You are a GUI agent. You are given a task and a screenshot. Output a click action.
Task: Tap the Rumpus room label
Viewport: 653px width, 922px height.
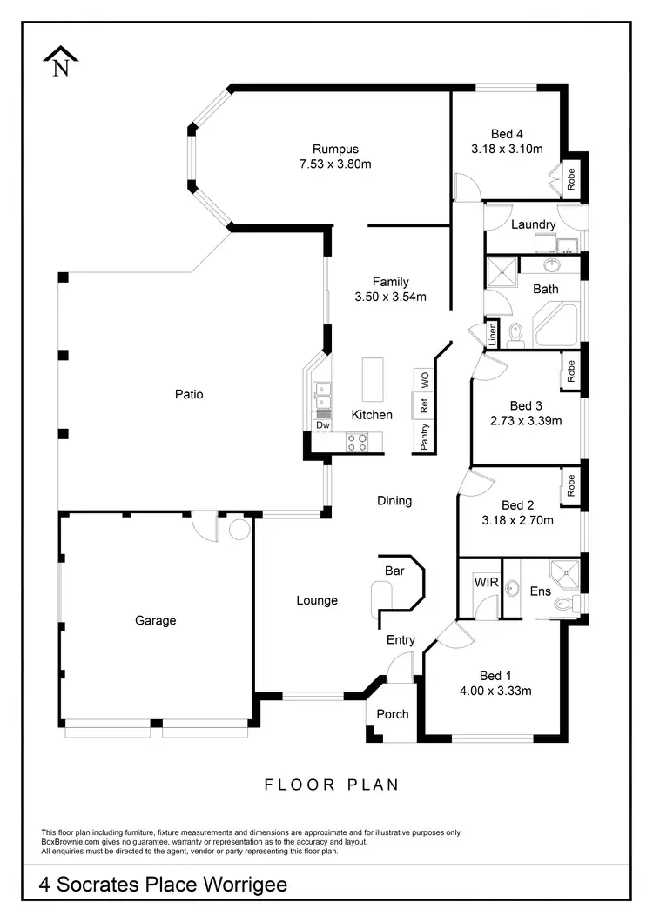tap(335, 149)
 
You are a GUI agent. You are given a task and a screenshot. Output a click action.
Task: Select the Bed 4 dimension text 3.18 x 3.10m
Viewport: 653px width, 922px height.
tap(507, 149)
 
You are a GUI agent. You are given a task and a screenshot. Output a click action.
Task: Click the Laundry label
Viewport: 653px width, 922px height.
tap(533, 224)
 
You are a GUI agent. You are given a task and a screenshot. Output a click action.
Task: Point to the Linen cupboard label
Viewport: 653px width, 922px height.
tap(493, 334)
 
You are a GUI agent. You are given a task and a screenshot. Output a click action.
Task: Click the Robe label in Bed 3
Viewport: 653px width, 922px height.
tap(571, 372)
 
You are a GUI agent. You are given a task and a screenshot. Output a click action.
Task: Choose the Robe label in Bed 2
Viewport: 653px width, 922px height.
tap(571, 485)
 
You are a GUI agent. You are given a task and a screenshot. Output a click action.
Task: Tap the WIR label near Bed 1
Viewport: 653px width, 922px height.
tap(485, 582)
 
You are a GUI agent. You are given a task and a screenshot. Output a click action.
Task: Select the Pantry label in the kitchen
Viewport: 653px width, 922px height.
tap(425, 436)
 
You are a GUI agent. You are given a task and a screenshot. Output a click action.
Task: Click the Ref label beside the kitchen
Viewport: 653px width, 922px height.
tap(425, 405)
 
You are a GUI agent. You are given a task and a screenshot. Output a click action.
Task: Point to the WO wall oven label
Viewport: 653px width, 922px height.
tap(425, 380)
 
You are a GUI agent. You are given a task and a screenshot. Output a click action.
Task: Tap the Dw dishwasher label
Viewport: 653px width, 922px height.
tap(322, 425)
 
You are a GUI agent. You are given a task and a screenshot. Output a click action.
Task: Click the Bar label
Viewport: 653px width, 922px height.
tap(394, 571)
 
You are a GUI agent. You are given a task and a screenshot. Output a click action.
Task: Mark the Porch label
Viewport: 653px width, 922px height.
tap(392, 714)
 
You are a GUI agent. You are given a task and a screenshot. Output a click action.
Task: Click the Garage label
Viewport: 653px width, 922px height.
tap(155, 620)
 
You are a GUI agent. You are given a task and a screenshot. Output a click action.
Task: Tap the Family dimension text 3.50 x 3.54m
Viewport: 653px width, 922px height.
tap(390, 297)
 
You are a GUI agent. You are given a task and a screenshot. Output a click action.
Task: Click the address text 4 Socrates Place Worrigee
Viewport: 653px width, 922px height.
tap(163, 885)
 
